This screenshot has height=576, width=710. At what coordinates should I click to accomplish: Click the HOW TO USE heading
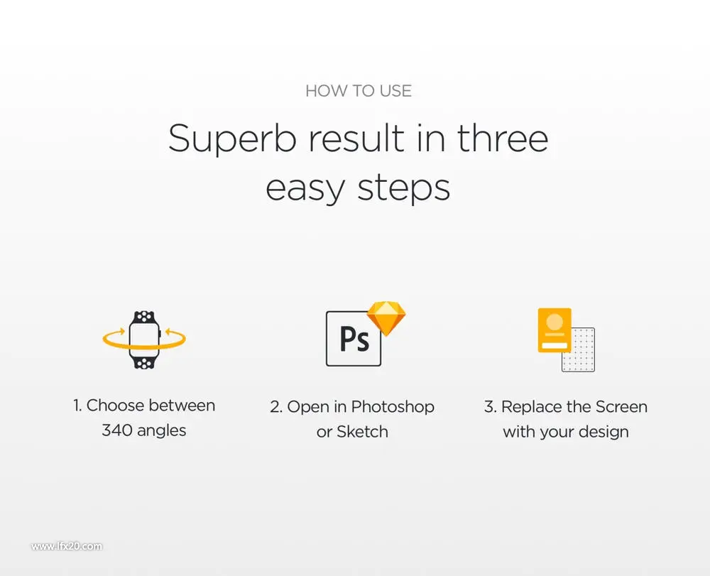[x=358, y=91]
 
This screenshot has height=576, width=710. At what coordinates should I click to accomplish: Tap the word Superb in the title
[x=232, y=139]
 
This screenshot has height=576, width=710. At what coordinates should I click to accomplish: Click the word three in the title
[x=503, y=138]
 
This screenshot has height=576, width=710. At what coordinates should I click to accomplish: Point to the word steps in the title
[x=404, y=188]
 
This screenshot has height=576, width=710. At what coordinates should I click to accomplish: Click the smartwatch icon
[x=144, y=339]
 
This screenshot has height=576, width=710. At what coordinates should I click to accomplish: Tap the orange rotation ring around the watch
[x=144, y=346]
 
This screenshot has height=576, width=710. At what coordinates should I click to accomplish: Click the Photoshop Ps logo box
[x=354, y=339]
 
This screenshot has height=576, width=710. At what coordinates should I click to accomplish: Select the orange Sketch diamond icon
[x=386, y=318]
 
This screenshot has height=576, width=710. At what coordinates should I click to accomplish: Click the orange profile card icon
[x=555, y=330]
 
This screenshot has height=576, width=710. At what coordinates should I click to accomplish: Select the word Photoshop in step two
[x=393, y=407]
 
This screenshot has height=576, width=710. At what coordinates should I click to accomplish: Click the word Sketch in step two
[x=362, y=432]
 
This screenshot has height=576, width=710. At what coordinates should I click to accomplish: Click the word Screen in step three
[x=621, y=407]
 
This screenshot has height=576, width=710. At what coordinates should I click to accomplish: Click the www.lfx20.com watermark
[x=67, y=546]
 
